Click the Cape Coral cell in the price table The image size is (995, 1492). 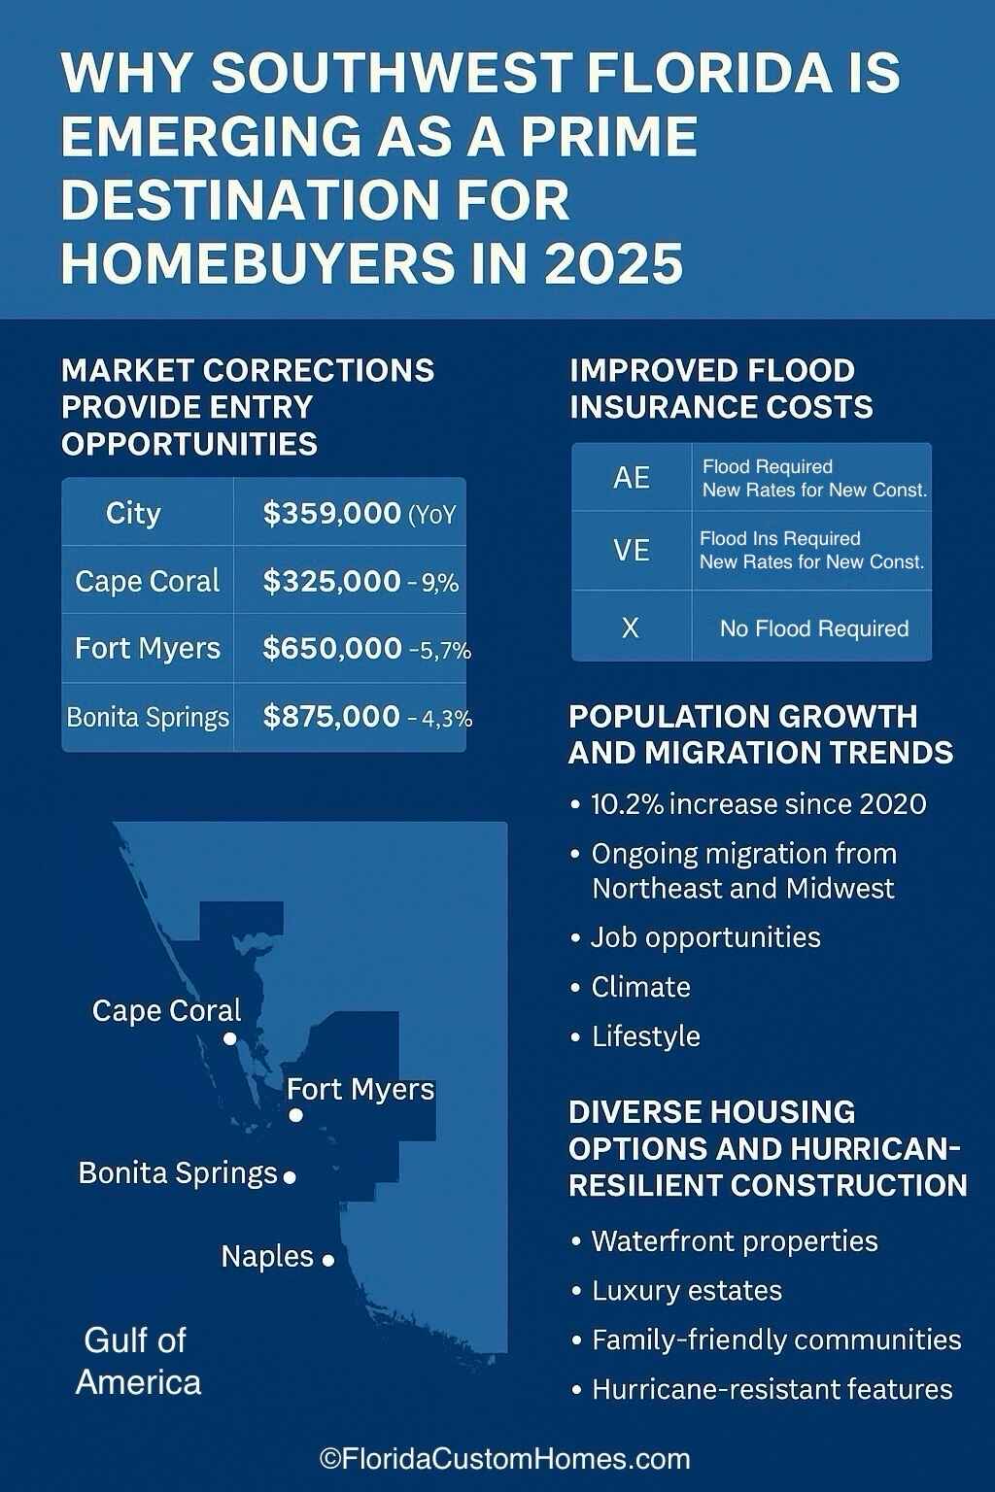tap(148, 581)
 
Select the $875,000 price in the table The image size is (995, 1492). tap(331, 717)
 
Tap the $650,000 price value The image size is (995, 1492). tap(332, 648)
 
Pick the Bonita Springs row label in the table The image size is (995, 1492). tap(148, 717)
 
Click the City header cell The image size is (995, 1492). tap(133, 513)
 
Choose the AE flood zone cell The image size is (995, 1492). tap(632, 478)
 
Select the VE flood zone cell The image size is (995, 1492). tap(632, 551)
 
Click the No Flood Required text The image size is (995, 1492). tap(814, 628)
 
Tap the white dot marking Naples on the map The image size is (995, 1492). tap(328, 1260)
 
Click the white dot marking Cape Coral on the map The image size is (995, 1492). tap(230, 1038)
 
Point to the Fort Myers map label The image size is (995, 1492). tap(360, 1089)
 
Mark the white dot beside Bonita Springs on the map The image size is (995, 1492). tap(289, 1177)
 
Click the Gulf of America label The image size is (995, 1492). tap(137, 1361)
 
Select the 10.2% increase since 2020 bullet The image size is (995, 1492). tap(758, 804)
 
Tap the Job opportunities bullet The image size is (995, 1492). tap(705, 937)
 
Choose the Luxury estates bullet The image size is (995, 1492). tap(686, 1291)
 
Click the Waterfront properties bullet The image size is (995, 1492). tap(734, 1241)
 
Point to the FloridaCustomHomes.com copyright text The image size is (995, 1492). tap(504, 1458)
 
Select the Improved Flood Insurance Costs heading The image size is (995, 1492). tap(721, 389)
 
